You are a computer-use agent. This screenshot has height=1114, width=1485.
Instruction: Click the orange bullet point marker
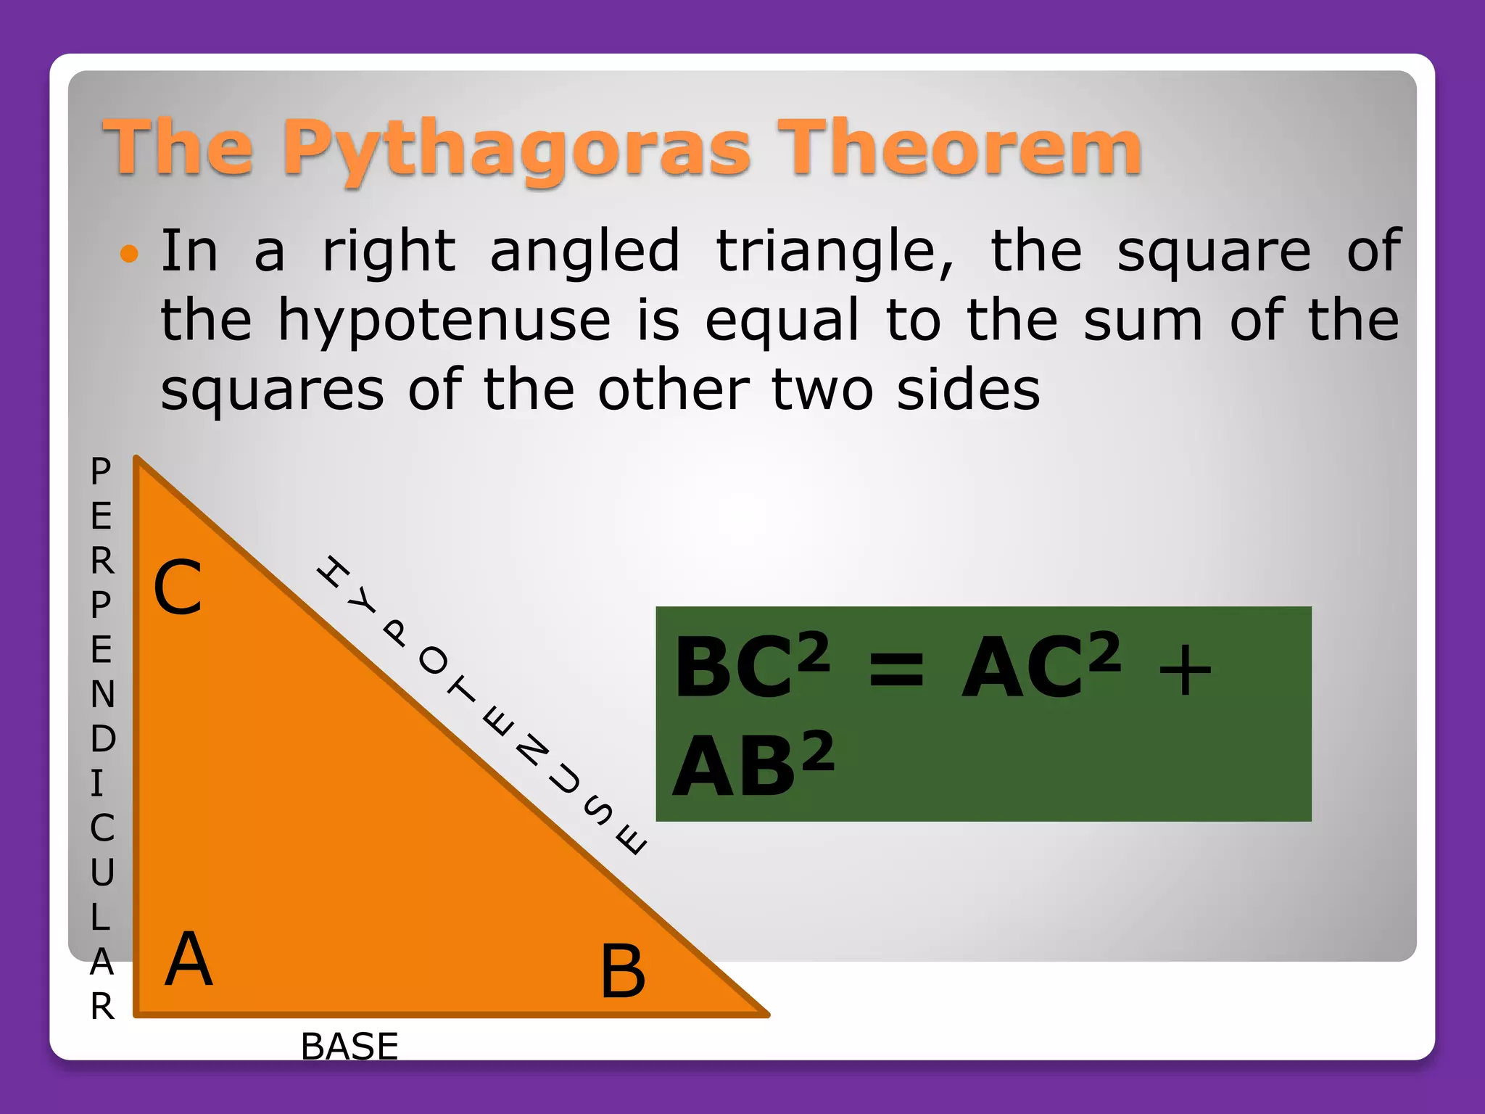point(129,253)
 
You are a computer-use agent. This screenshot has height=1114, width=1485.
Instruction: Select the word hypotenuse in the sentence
point(444,321)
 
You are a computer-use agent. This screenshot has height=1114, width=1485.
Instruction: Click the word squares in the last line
point(272,391)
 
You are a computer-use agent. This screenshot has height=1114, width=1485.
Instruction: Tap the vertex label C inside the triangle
point(178,587)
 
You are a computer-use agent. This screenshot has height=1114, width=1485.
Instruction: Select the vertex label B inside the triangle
point(622,972)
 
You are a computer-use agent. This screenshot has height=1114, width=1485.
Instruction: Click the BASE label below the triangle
point(349,1046)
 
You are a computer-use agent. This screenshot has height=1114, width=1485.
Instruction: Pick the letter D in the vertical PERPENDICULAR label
point(103,738)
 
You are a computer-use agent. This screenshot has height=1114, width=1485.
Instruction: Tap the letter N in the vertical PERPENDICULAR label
point(103,694)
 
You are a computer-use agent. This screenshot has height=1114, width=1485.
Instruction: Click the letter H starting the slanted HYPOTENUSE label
point(334,572)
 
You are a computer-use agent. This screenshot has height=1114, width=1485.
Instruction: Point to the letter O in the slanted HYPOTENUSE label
point(434,661)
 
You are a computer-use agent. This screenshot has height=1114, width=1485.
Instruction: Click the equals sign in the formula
point(896,669)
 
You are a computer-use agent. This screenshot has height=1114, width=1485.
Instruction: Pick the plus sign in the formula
point(1184,672)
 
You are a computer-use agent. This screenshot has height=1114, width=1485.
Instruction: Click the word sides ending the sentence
point(968,391)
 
